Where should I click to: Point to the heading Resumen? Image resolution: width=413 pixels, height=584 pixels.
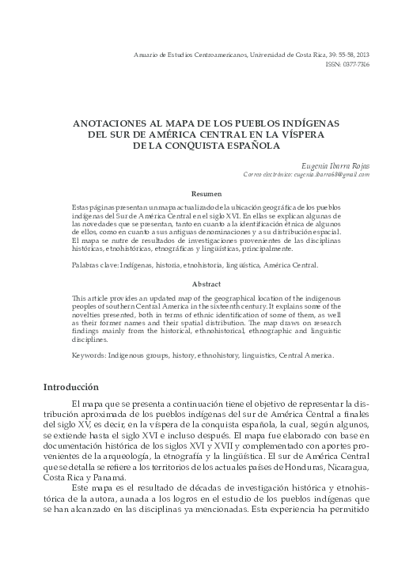tap(207, 193)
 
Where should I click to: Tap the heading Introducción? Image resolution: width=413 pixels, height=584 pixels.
tap(70, 388)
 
